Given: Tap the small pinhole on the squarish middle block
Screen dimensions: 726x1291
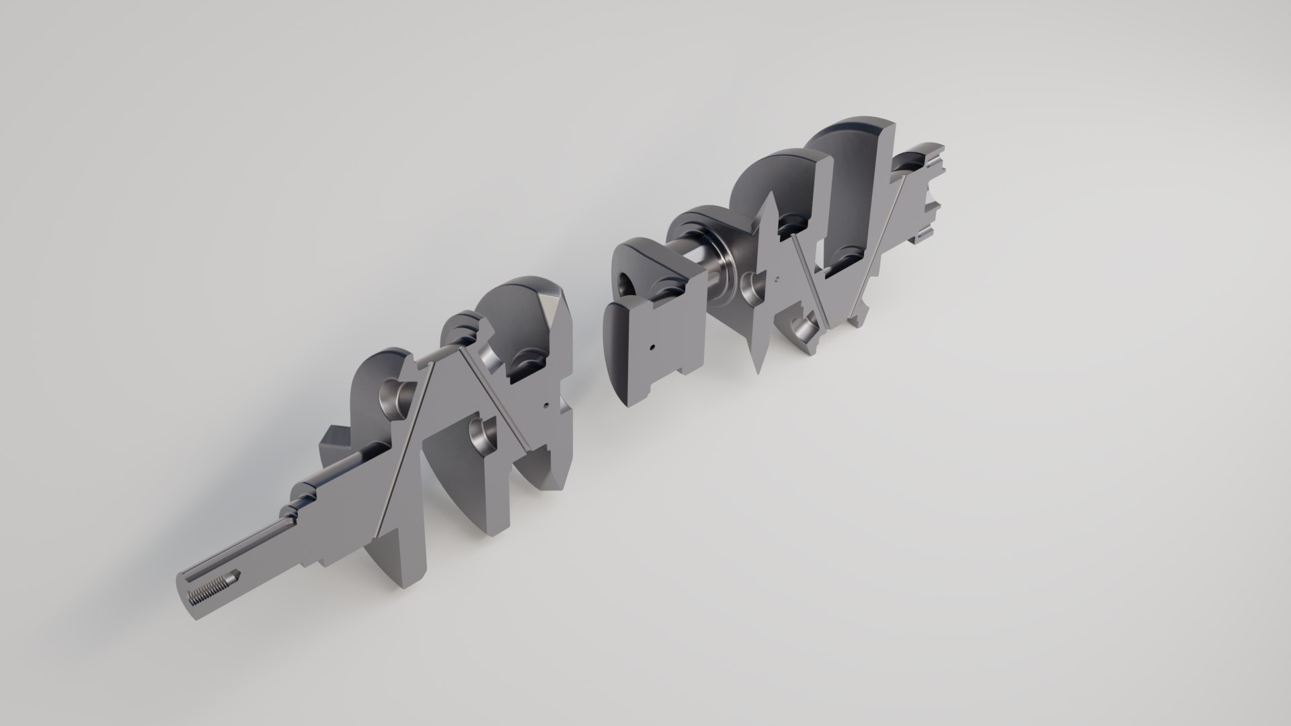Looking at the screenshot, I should tap(652, 348).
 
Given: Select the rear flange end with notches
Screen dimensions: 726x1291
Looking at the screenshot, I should tap(928, 195).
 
